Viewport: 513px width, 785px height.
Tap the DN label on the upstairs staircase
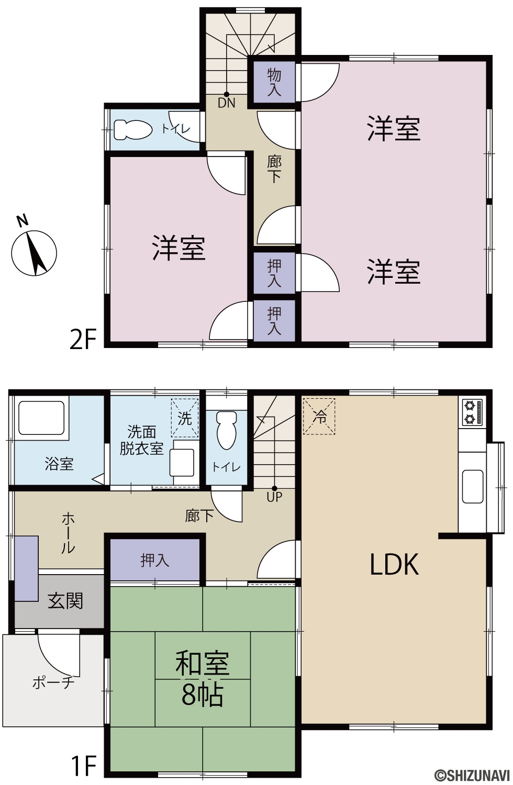226,103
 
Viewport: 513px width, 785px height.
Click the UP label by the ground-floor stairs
274,496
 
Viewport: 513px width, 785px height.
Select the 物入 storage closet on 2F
274,82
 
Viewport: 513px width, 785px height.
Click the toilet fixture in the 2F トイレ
133,130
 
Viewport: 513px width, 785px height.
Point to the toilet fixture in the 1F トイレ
227,430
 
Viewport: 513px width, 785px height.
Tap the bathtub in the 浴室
41,418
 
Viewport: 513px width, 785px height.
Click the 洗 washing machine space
185,418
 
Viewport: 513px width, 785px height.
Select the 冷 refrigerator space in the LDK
319,417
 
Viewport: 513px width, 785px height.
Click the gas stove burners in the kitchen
472,412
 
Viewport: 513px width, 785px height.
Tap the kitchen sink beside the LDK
472,486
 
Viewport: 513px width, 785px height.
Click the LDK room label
395,564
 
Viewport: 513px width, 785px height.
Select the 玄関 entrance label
65,601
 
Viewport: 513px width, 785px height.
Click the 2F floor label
83,339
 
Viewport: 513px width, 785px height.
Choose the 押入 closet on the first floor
154,560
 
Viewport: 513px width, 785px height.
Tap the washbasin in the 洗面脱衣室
182,462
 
